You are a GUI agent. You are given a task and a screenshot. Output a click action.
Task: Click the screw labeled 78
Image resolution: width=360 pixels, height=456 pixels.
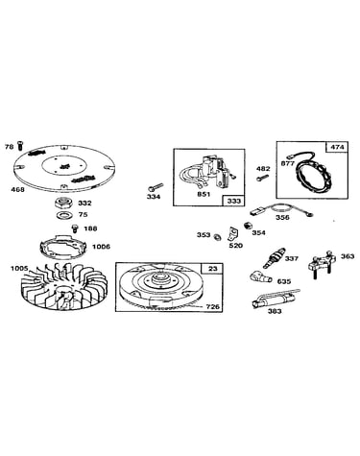point(20,145)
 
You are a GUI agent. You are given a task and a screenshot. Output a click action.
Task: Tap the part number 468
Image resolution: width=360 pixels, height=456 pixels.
point(17,189)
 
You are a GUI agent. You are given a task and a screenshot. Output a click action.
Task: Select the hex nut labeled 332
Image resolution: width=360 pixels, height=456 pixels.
point(64,203)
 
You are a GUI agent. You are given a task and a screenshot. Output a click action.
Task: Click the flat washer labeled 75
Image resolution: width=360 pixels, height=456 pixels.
point(65,215)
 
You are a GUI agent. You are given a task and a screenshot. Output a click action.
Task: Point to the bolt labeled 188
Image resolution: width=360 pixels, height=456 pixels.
point(75,228)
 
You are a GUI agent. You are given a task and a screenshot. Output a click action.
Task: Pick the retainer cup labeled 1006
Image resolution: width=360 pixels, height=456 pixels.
point(63,246)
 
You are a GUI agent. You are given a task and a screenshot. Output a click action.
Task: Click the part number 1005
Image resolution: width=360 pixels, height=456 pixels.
point(19,268)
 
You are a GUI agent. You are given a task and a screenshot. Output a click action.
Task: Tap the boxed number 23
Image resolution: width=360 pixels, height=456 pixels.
point(212,269)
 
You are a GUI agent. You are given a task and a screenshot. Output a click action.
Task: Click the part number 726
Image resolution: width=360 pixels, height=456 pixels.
point(213,306)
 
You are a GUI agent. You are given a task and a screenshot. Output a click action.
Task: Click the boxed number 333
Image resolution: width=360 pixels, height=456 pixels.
point(233,201)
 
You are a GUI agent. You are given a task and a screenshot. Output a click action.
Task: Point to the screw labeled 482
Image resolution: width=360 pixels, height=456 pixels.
point(263,177)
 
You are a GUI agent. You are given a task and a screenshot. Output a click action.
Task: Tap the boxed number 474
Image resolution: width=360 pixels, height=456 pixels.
point(337,147)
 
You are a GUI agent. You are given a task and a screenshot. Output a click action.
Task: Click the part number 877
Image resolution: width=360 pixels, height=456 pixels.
point(288,163)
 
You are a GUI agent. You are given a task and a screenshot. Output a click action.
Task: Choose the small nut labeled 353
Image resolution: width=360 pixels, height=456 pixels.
point(216,237)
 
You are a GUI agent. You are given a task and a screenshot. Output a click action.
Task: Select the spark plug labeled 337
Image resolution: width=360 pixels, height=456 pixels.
point(274,258)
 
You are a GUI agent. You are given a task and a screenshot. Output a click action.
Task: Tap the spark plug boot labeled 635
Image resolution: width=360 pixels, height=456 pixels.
point(261,276)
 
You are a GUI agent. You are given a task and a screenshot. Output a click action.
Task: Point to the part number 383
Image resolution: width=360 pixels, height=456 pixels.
point(275,311)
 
